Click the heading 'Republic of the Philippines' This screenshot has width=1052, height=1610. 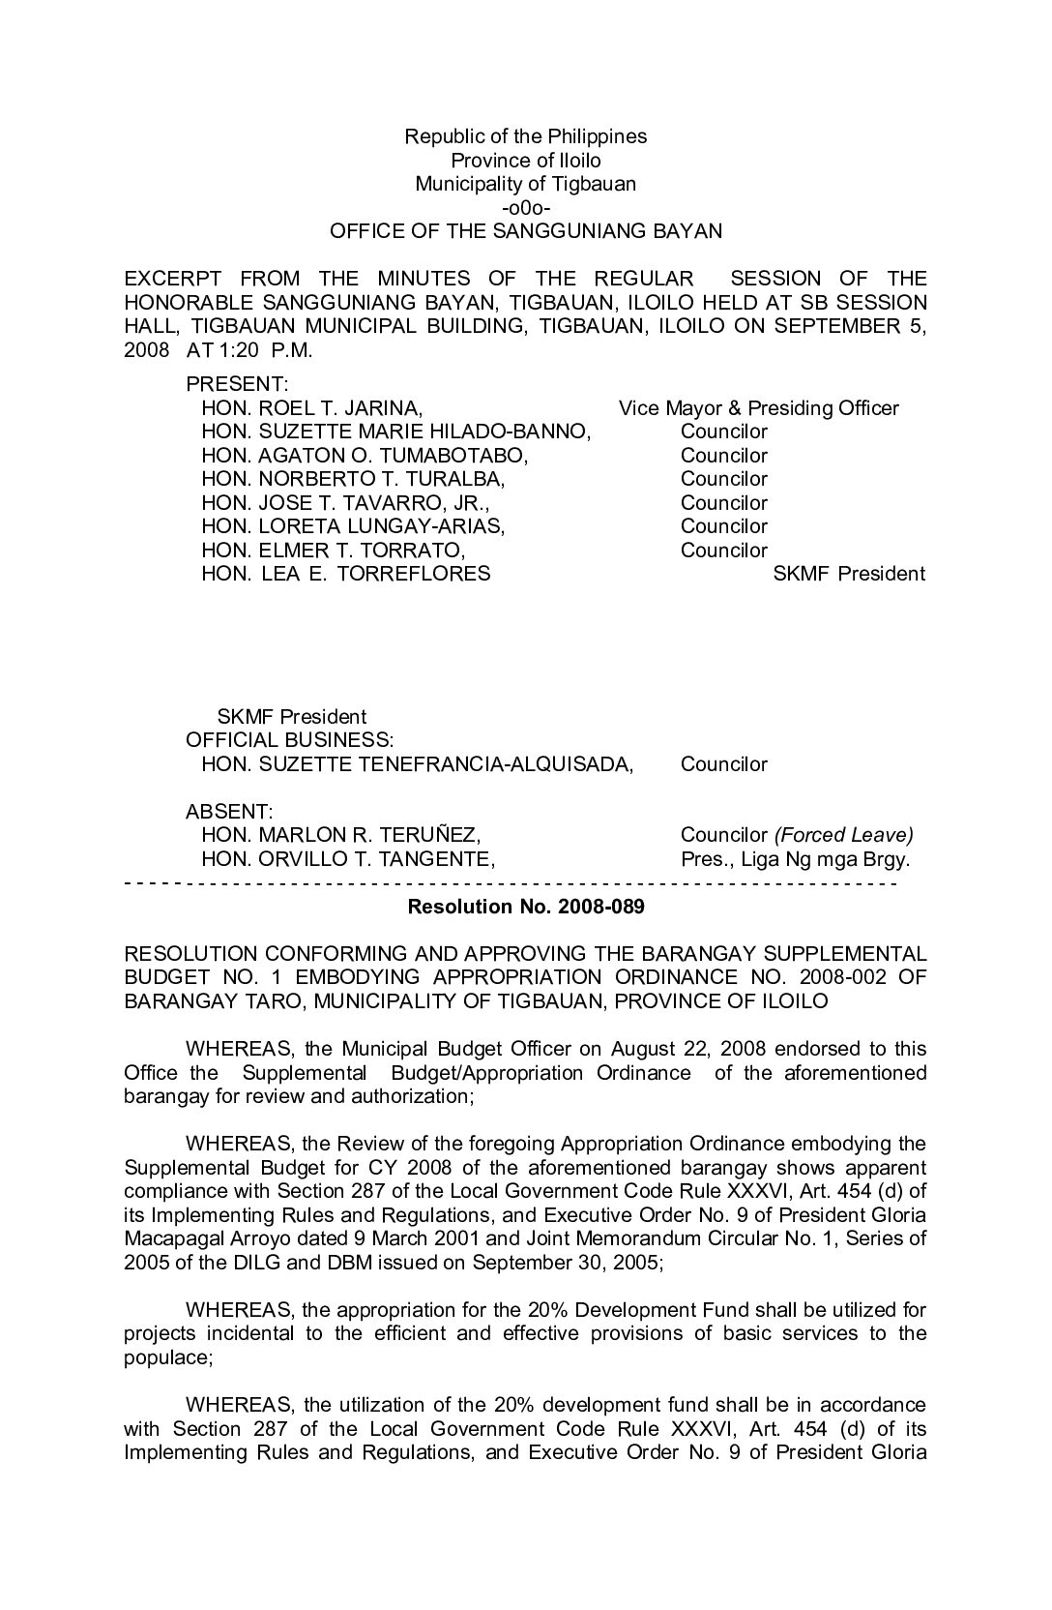(525, 136)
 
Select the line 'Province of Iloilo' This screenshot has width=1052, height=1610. (525, 161)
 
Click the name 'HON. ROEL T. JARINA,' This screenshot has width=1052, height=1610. (311, 408)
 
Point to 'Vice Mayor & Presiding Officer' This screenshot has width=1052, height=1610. (758, 408)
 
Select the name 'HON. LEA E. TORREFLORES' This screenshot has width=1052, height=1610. (345, 574)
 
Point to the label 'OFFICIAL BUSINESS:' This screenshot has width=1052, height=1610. (289, 740)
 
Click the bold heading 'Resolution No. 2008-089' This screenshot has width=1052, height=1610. (526, 907)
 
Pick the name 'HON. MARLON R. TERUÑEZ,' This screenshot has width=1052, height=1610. (340, 835)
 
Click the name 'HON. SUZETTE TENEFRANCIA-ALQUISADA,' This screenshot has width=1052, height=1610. (417, 764)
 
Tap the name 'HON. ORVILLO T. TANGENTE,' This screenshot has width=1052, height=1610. (348, 859)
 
